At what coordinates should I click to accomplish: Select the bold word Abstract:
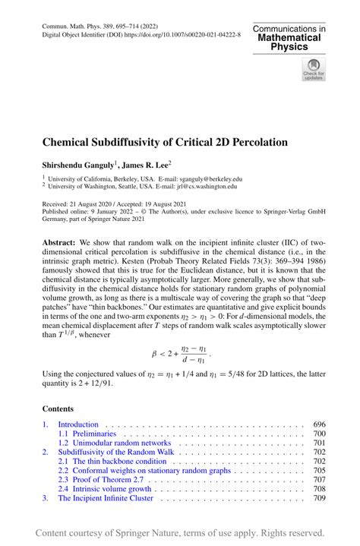(61, 238)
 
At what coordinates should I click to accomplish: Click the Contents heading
(59, 407)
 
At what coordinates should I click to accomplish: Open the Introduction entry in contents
(79, 424)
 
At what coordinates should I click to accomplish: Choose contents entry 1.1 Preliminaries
(87, 434)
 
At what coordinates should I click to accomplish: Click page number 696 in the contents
(319, 424)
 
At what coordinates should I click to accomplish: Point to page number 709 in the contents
(319, 498)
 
